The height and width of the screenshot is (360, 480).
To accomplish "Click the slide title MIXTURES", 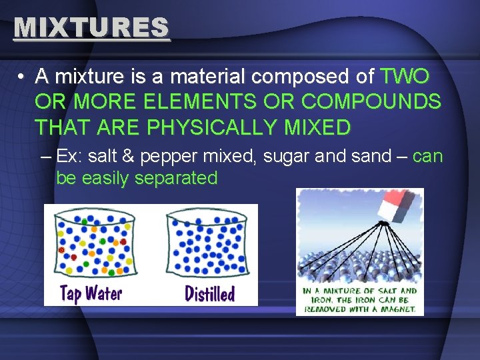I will (x=91, y=27).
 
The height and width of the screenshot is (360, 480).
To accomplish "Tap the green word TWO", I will (x=405, y=77).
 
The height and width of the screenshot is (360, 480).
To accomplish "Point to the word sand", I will (x=370, y=157).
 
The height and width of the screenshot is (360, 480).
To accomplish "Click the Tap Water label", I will (x=90, y=293).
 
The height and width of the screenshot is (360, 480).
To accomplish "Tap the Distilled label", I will (x=209, y=293).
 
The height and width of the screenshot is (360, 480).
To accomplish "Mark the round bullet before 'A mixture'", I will (x=22, y=78).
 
